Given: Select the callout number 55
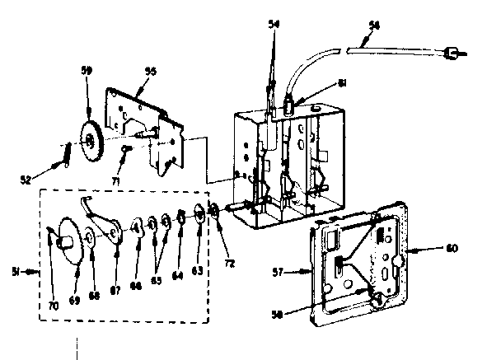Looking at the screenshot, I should (151, 72).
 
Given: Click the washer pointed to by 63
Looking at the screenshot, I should (199, 216).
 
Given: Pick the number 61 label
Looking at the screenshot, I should (343, 84).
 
